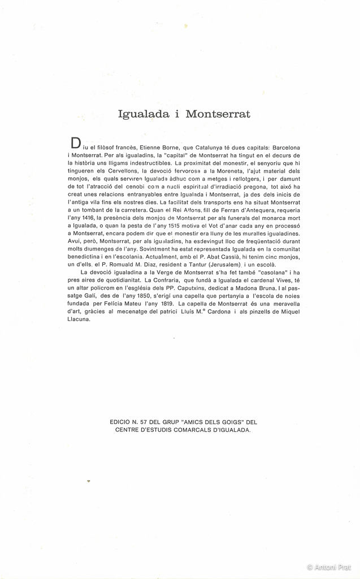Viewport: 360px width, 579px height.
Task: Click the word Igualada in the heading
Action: (x=144, y=114)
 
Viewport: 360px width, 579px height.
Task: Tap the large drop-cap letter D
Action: (x=74, y=142)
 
